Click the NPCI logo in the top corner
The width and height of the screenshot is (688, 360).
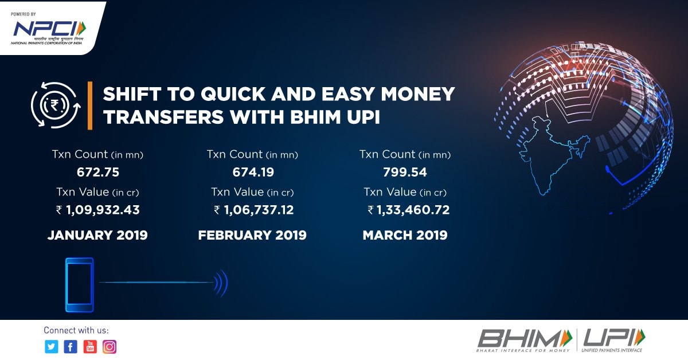49,29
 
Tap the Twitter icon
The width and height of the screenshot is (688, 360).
51,347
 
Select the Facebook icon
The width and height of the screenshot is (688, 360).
71,347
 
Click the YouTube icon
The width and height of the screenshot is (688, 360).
90,347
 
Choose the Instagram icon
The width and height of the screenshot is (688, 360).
110,347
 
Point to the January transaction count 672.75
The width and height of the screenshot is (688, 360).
98,173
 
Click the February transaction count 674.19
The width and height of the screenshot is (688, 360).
253,173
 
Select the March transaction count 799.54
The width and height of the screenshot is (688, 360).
405,173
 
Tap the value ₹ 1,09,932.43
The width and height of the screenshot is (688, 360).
98,210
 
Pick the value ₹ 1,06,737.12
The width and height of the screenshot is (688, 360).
253,210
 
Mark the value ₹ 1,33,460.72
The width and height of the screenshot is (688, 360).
408,210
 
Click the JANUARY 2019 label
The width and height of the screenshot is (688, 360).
97,235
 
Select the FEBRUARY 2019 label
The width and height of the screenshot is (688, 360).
252,235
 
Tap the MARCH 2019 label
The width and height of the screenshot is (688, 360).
405,235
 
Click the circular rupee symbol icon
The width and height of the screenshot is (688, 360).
55,105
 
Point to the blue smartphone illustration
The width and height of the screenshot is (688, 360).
79,285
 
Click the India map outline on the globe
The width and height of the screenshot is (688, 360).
550,154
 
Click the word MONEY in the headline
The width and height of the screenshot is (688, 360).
418,94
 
